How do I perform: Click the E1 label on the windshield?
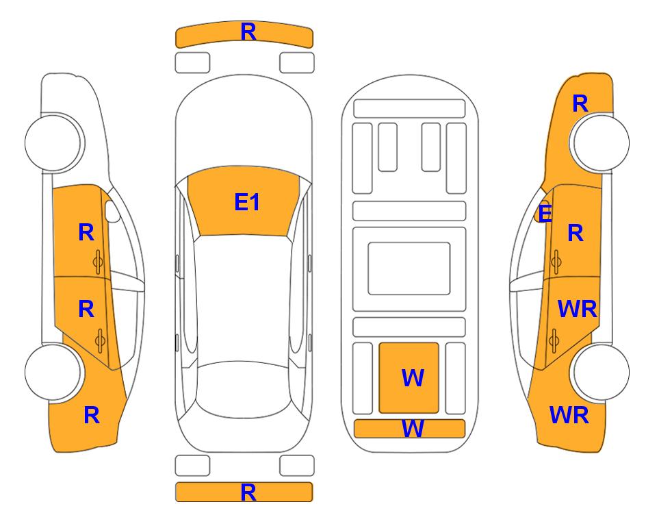coord(247,202)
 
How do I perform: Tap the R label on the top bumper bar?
coord(248,32)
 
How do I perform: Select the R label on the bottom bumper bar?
coord(248,492)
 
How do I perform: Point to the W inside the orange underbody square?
coord(413,377)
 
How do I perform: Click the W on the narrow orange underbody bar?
coord(413,429)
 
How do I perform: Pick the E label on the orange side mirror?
coord(545,213)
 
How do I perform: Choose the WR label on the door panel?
coord(577,309)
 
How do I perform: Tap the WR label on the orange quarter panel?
coord(569,415)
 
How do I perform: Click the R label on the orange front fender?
coord(580,103)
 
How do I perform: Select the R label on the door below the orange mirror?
coord(576,233)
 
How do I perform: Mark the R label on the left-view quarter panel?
coord(92,415)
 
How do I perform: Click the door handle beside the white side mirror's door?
coord(98,262)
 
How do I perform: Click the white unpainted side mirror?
coord(112,211)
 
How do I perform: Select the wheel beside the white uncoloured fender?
coord(53,142)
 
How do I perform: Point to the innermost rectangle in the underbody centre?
coord(409,268)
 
